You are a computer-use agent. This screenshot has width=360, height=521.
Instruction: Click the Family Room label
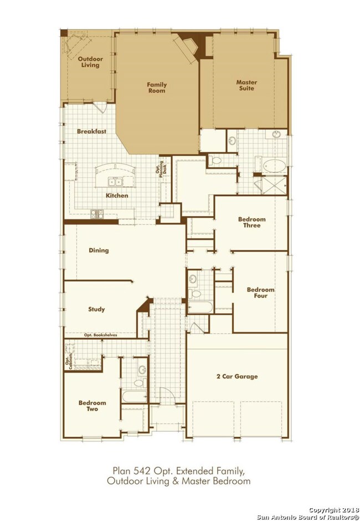point(157,88)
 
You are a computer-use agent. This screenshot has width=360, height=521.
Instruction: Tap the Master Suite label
point(246,85)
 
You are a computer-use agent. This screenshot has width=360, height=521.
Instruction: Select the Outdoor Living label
point(90,62)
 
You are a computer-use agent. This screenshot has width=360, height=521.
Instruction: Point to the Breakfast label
point(91,131)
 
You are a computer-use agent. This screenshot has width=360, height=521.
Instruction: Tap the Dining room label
point(99,250)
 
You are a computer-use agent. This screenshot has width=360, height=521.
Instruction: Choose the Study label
point(96,309)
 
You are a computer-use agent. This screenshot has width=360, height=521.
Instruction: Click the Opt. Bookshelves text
point(100,335)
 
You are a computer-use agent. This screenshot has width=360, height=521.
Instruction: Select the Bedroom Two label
point(92,406)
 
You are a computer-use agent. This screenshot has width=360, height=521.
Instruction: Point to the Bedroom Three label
point(252,222)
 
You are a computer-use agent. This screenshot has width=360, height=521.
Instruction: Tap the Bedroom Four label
point(260,293)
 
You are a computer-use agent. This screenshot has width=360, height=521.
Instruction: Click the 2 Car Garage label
point(237,376)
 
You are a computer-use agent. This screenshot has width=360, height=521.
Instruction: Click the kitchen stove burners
point(97,214)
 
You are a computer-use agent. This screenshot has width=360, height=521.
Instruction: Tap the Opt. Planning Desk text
point(161,170)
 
